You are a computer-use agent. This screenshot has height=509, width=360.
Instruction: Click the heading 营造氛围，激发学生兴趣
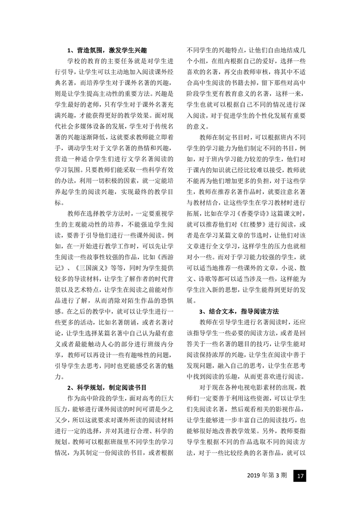107,50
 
